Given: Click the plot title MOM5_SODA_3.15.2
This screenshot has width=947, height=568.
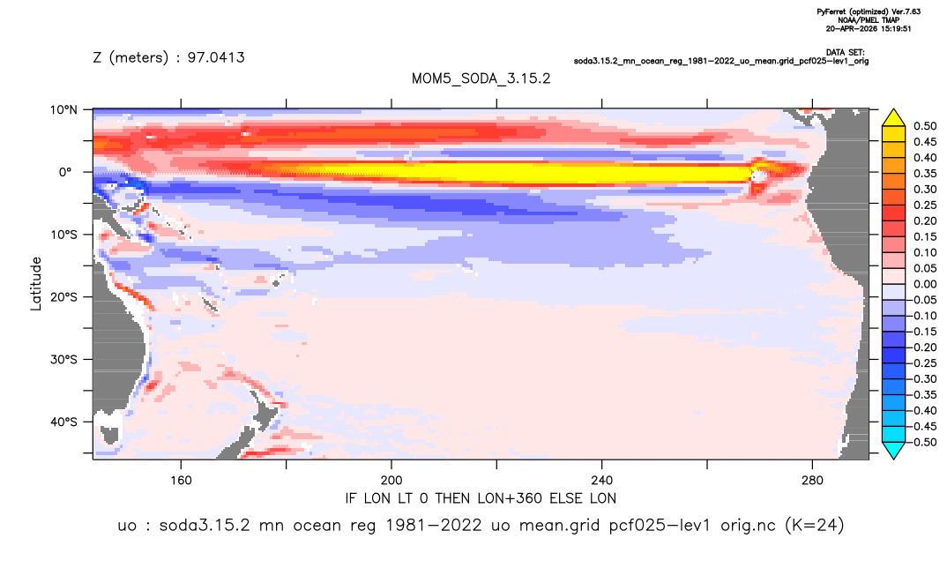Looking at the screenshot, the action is click(x=481, y=79).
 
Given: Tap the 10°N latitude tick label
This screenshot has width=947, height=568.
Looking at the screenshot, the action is click(x=63, y=110).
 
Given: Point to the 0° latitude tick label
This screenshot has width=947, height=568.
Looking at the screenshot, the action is click(x=64, y=172).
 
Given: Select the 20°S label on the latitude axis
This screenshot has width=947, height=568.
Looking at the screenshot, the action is click(x=63, y=297).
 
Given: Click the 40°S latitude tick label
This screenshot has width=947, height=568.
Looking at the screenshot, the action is click(x=63, y=422).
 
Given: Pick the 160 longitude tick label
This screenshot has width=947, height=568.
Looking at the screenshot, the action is click(x=181, y=481).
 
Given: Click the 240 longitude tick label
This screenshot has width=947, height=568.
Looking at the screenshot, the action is click(x=602, y=481).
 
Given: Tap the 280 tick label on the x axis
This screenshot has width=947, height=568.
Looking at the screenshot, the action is click(x=812, y=481).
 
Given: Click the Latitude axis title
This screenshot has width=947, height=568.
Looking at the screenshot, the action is click(x=36, y=284).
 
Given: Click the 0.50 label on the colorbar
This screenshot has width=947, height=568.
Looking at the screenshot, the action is click(x=925, y=126).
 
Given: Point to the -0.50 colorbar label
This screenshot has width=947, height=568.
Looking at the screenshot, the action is click(x=923, y=442).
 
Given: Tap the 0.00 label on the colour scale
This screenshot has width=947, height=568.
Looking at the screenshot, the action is click(x=925, y=284).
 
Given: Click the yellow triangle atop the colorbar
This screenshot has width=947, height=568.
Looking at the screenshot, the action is click(x=893, y=118).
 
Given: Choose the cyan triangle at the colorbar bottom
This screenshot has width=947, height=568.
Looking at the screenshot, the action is click(x=893, y=450).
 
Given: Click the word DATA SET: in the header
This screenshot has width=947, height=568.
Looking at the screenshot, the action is click(x=845, y=53).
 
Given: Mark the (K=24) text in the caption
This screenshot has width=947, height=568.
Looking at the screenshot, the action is click(x=814, y=525).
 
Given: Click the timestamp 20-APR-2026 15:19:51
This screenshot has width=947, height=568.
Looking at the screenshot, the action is click(x=869, y=28).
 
